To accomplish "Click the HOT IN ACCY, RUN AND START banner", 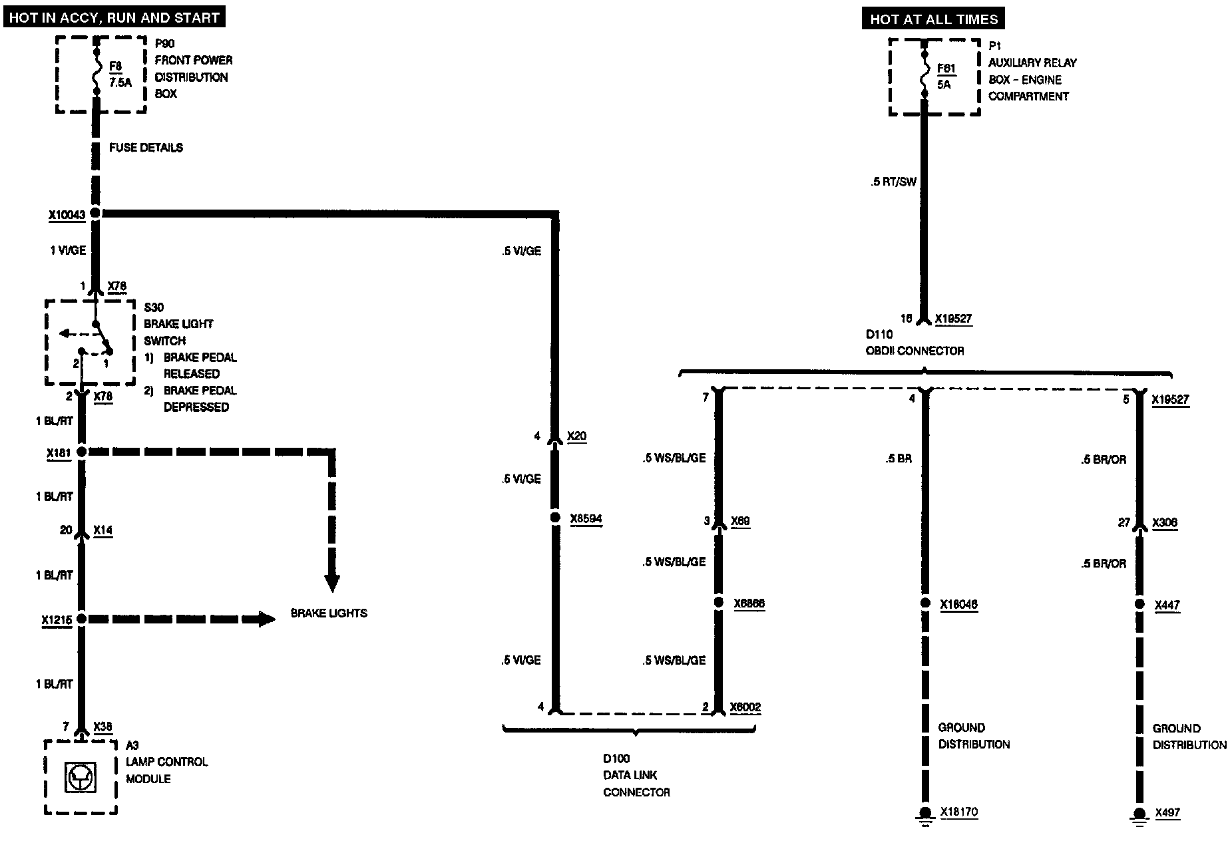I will [114, 17].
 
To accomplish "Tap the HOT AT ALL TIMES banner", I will [934, 19].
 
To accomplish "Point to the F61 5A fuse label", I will [946, 77].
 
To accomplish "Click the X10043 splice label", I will [67, 215].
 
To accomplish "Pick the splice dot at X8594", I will [555, 518].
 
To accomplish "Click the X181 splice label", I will [59, 454].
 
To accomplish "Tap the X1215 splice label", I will [57, 620].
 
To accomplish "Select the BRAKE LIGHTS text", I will [329, 613].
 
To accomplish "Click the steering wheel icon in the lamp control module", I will [81, 777].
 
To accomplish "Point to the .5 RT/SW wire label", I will [893, 182].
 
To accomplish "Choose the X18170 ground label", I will [959, 812].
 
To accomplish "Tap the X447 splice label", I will [1167, 605].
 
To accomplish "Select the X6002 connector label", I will [745, 707].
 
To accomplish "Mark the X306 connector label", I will [1165, 523].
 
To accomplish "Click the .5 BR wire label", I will [899, 458].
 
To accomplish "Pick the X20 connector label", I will [576, 436].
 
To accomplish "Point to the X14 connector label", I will [103, 530].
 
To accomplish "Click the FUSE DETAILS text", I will [146, 148].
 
